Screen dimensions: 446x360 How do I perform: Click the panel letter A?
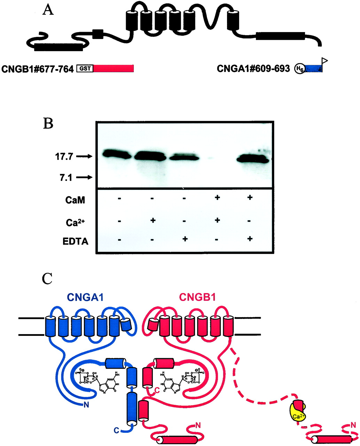click(x=48, y=11)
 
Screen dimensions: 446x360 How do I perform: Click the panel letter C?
click(x=48, y=278)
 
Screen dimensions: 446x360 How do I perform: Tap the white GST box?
click(x=85, y=69)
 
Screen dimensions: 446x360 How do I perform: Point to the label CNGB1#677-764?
click(x=38, y=69)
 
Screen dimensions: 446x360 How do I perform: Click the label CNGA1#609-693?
click(x=253, y=69)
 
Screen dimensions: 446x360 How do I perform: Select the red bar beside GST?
click(x=114, y=69)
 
